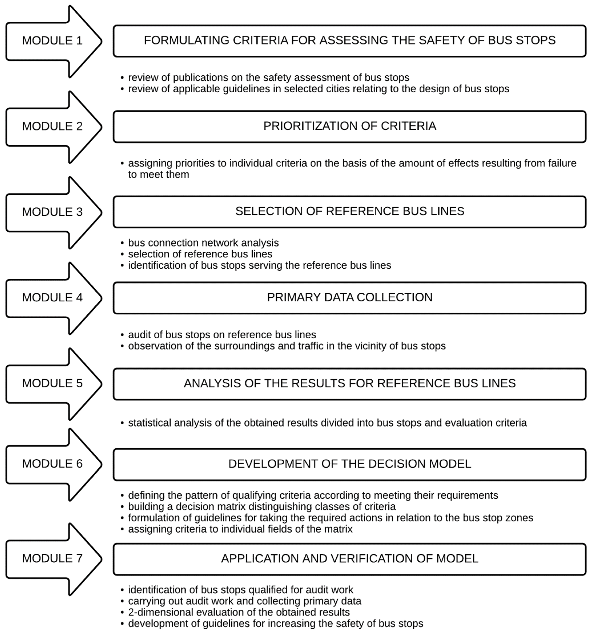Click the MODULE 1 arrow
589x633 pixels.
[x=53, y=41]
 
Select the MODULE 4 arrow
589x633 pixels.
[x=53, y=298]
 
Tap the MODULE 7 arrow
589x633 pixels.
[x=53, y=558]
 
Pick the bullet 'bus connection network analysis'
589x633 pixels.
[x=203, y=243]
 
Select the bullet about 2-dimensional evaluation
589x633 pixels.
[x=239, y=612]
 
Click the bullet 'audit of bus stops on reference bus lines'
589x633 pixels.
[x=222, y=335]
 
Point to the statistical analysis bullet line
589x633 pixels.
[x=327, y=423]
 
